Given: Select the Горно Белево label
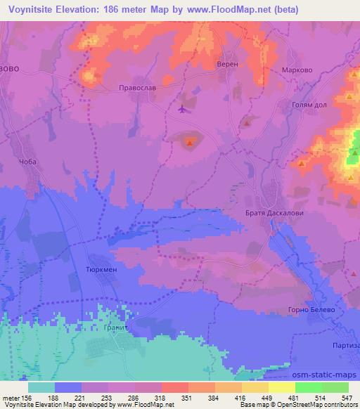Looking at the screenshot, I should pos(309,310).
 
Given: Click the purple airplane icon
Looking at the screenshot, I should pos(184,109).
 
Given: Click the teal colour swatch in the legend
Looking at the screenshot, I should pos(41,387).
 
